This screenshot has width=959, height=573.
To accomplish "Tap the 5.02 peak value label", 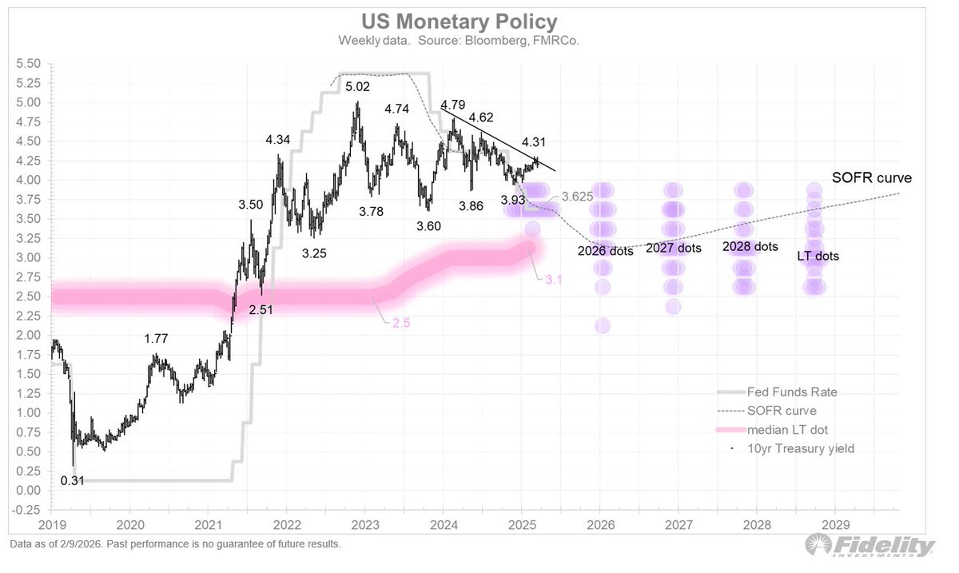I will click(x=357, y=86).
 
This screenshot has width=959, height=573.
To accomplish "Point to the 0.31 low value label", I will click(x=72, y=481).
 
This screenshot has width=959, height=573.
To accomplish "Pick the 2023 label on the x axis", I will click(x=365, y=525).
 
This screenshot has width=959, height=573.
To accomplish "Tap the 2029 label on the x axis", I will click(x=835, y=525).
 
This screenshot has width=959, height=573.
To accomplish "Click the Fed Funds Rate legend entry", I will click(x=791, y=392).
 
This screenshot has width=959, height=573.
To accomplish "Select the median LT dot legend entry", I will click(x=787, y=430).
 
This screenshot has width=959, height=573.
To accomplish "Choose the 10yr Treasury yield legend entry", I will click(x=800, y=449).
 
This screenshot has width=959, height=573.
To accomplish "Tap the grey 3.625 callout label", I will click(x=577, y=197).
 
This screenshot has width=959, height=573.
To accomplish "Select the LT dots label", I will click(x=818, y=256).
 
